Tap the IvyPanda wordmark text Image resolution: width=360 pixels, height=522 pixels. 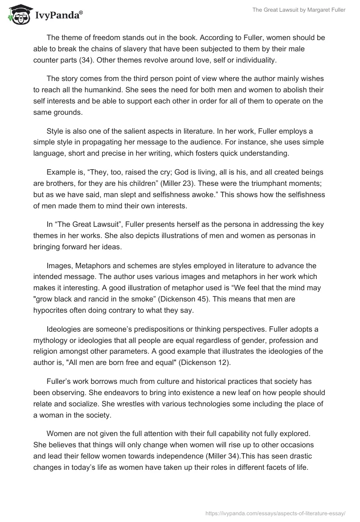coord(58,15)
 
